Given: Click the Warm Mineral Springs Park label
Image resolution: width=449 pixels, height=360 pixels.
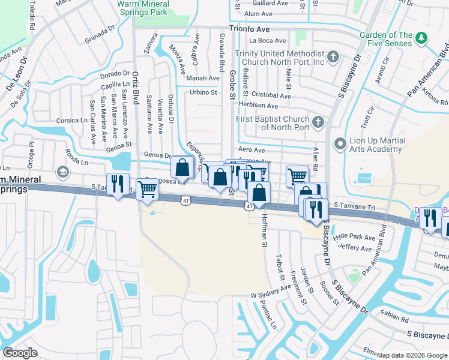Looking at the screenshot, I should [143, 8].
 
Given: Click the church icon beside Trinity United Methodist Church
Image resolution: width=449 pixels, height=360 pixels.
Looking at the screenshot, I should [334, 58].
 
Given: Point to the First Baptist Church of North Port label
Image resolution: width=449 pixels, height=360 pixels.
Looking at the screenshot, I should [273, 123].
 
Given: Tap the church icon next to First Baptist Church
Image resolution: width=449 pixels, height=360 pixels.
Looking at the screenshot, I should [319, 123].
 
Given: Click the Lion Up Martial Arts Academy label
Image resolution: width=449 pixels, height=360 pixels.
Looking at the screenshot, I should [377, 145].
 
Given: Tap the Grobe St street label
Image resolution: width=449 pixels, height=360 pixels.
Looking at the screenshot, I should [232, 80].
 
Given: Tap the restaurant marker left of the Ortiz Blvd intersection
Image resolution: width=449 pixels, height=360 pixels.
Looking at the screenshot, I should [117, 182].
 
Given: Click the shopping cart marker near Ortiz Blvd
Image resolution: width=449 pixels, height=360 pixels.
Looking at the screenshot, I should [147, 190].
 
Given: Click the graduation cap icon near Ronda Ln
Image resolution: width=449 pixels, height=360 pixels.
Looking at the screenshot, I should [62, 173].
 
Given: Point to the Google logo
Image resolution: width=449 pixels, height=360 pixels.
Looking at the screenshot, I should [20, 353].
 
